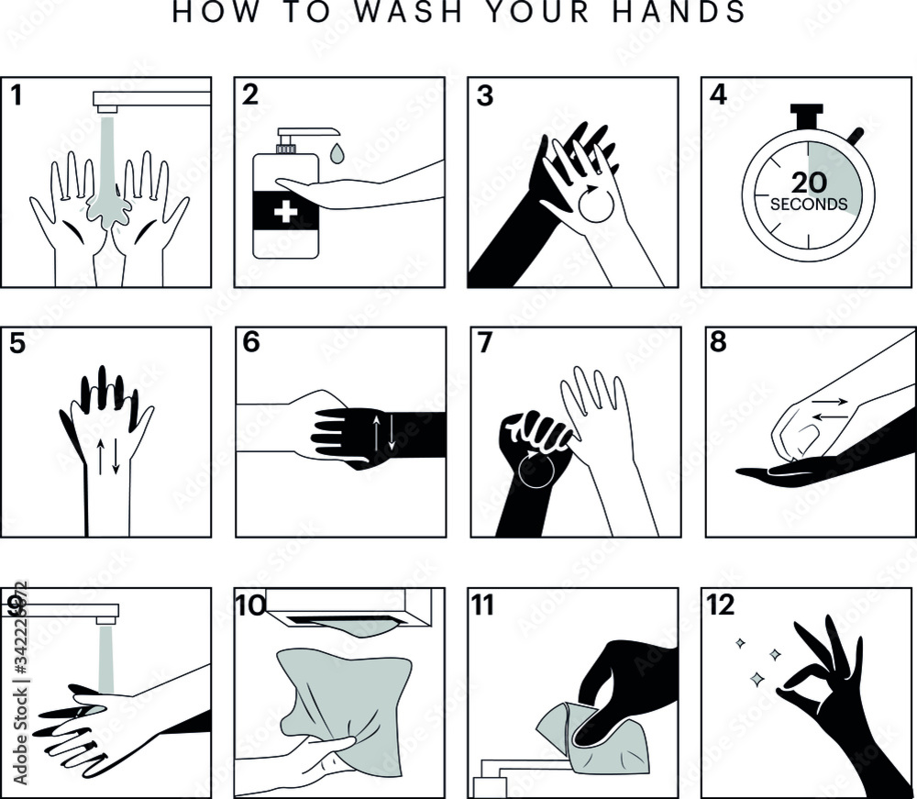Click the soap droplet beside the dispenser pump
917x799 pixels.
point(337,152)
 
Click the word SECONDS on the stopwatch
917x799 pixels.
point(808,205)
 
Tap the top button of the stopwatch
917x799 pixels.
point(808,114)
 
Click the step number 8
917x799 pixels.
point(717,342)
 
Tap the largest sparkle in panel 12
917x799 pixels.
point(757,679)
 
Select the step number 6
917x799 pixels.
point(251,342)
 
